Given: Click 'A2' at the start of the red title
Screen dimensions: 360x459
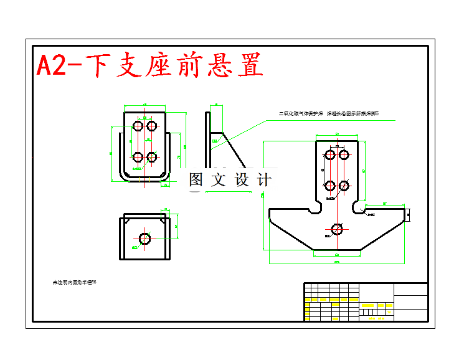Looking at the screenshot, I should coord(52,66).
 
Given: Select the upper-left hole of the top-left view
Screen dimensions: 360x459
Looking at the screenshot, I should coord(138,126).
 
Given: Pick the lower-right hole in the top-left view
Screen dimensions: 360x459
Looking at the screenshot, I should coord(151,157).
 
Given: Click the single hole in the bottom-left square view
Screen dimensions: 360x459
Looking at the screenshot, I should coord(145,239).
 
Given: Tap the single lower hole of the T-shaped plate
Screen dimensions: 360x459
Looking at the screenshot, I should coord(337,229).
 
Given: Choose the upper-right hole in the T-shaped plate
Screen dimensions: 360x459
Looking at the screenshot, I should coord(343,154).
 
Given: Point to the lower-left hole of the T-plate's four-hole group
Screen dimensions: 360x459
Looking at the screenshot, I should coord(331,186).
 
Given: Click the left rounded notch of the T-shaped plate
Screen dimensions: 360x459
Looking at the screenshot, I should coord(317,206).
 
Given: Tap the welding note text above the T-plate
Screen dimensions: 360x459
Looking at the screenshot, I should coord(328,114).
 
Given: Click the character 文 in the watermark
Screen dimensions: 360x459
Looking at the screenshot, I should coord(217,180).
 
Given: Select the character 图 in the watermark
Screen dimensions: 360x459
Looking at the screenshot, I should coord(196,180).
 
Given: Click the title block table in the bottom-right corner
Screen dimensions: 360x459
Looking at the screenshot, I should coord(366,302).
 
